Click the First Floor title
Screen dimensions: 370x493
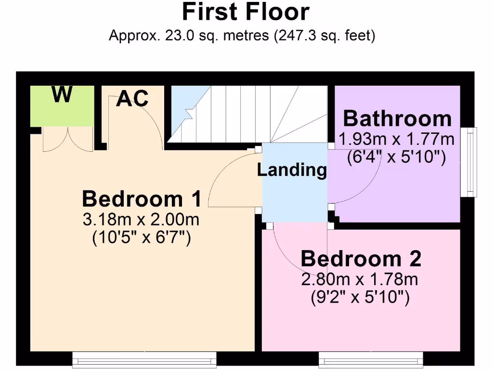246,12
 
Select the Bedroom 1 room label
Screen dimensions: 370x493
141,198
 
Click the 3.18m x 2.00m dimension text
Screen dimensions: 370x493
141,220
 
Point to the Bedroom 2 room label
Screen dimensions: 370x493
361,259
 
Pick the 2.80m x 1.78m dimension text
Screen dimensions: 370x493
360,279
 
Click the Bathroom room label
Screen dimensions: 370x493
397,119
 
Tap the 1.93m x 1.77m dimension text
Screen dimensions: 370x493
396,140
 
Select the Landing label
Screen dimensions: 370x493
292,170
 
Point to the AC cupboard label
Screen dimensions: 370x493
132,99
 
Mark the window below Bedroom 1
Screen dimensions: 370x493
144,358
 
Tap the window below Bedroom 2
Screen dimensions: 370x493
371,358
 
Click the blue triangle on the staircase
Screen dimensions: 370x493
185,108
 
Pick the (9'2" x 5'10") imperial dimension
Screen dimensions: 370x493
360,298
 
